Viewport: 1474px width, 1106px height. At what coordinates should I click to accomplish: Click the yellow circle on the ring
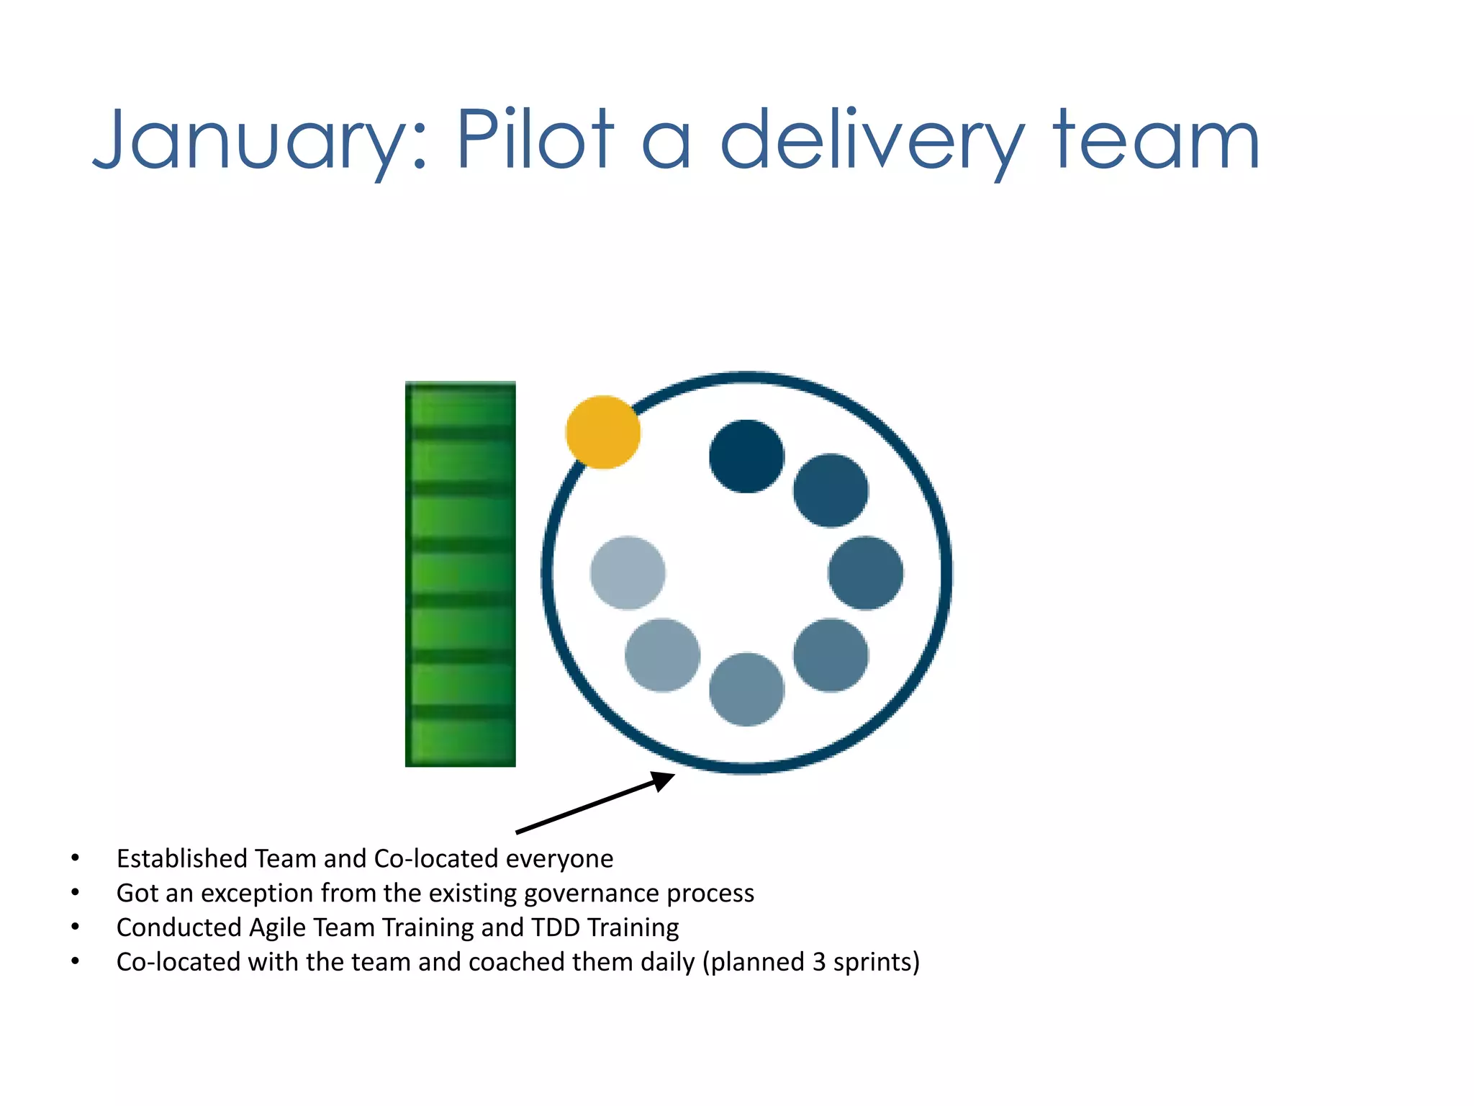click(x=603, y=432)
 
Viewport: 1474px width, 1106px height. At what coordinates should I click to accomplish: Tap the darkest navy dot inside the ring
click(x=746, y=457)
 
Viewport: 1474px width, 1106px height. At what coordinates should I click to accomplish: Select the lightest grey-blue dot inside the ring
click(x=628, y=572)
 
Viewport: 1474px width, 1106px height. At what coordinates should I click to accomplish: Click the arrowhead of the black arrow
click(x=663, y=780)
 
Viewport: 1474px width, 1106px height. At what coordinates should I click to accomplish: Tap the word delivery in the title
click(x=872, y=141)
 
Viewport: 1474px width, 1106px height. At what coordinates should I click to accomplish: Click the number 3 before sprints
click(x=819, y=963)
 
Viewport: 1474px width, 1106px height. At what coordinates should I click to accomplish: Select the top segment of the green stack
click(x=461, y=405)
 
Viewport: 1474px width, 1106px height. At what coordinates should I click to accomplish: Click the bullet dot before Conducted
click(x=76, y=927)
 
